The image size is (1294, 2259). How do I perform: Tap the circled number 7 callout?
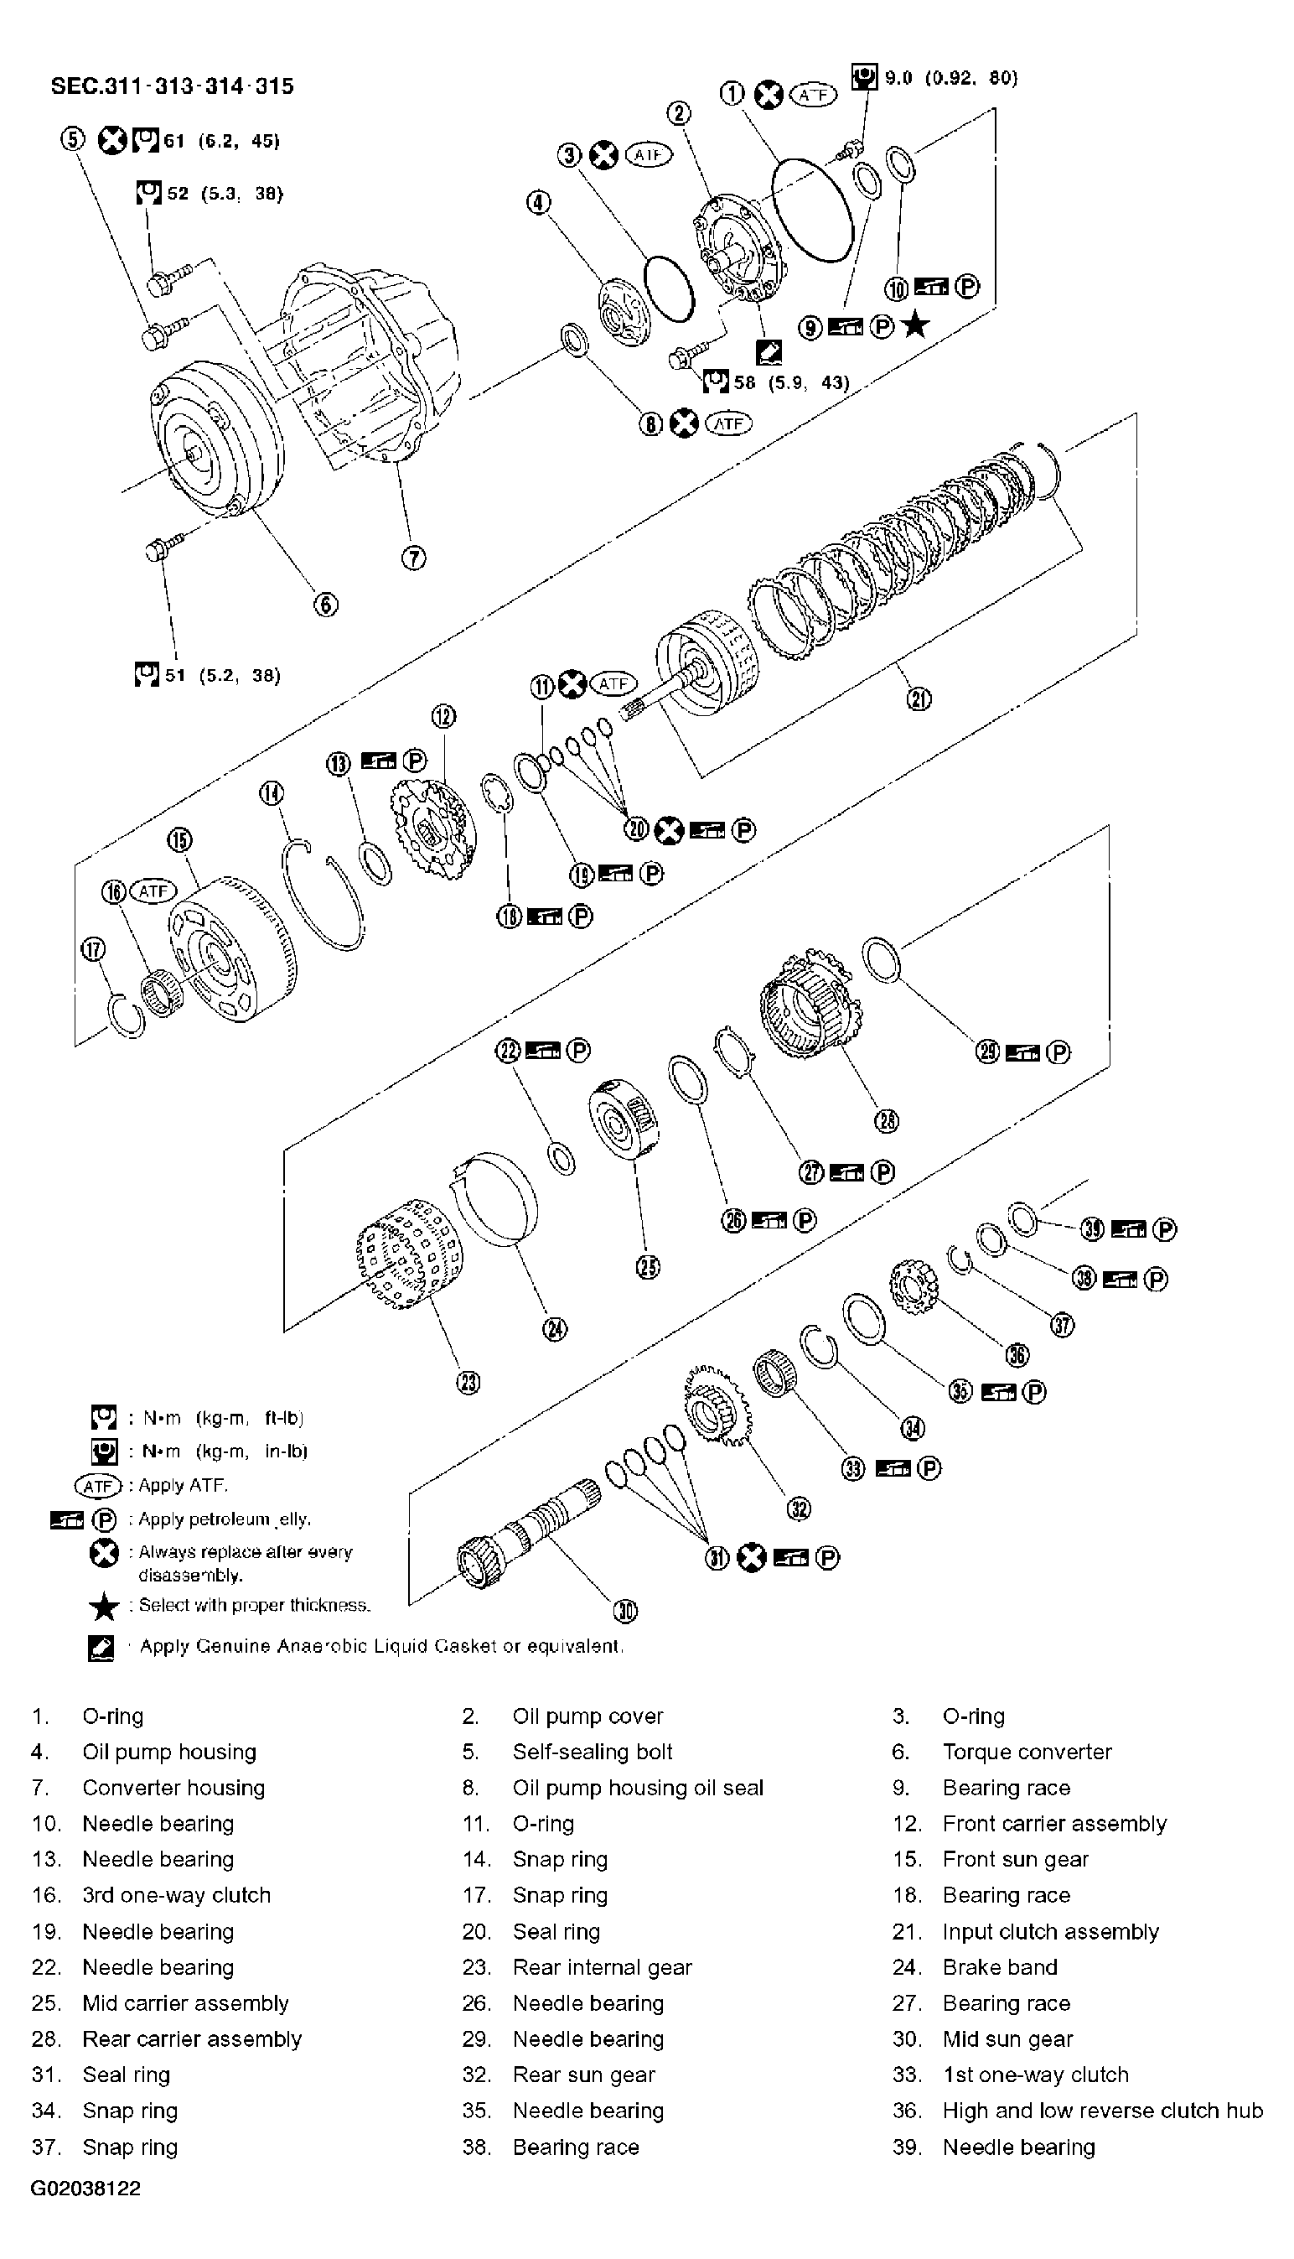click(414, 558)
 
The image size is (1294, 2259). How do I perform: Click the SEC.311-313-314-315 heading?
click(172, 86)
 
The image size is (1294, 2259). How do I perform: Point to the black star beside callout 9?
click(914, 326)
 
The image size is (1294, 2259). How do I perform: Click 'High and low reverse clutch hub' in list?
click(1102, 2111)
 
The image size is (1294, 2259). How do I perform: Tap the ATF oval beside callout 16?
click(153, 891)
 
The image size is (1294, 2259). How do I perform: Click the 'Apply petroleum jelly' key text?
click(224, 1519)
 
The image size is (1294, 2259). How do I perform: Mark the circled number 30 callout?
click(626, 1611)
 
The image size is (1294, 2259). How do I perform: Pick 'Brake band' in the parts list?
click(1000, 1966)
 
